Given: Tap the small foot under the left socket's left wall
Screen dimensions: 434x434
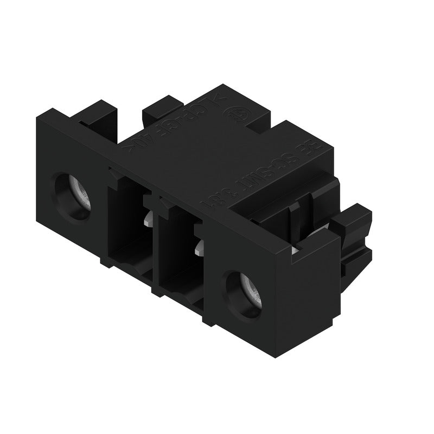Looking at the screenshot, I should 103,260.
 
